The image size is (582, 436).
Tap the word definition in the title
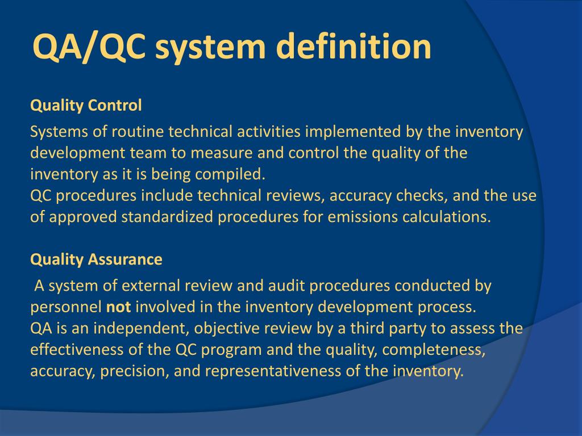click(x=354, y=47)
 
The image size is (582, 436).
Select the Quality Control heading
click(x=86, y=106)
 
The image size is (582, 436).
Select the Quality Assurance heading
click(x=96, y=260)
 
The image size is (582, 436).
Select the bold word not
click(x=119, y=307)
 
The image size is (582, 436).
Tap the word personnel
click(x=66, y=307)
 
